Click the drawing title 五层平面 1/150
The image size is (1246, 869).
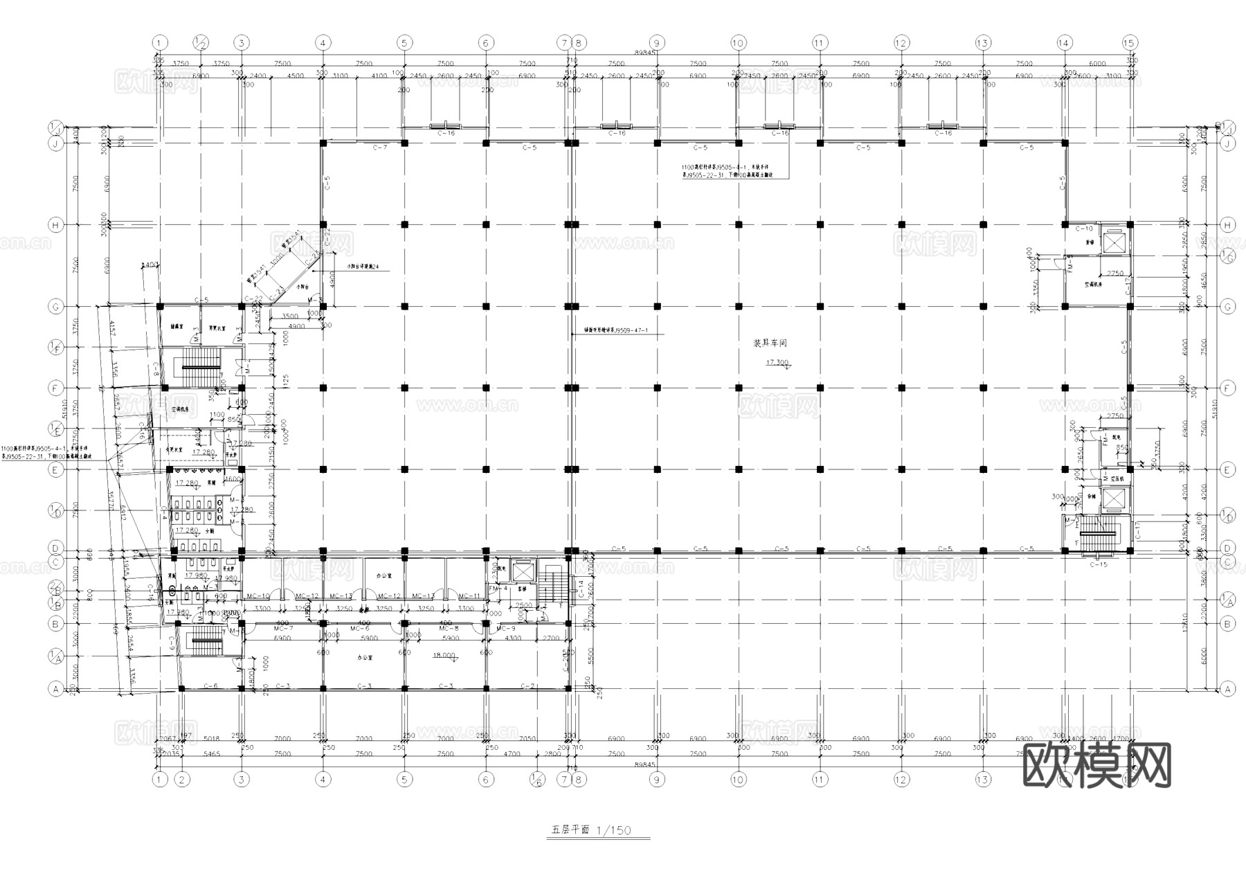click(x=591, y=830)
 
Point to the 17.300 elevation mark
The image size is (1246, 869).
click(x=777, y=363)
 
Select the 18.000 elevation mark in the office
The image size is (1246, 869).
click(x=444, y=655)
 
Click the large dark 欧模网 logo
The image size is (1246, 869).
click(x=1096, y=766)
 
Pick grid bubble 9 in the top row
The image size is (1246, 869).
click(x=656, y=43)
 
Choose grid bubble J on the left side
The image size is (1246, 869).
click(x=55, y=143)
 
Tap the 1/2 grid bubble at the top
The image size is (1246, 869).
click(x=201, y=43)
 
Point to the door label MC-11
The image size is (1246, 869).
click(x=469, y=596)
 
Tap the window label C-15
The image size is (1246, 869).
click(x=1098, y=565)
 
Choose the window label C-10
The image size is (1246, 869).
click(x=1083, y=229)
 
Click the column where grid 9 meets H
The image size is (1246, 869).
click(x=656, y=224)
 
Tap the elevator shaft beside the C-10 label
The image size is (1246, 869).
click(x=1114, y=242)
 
